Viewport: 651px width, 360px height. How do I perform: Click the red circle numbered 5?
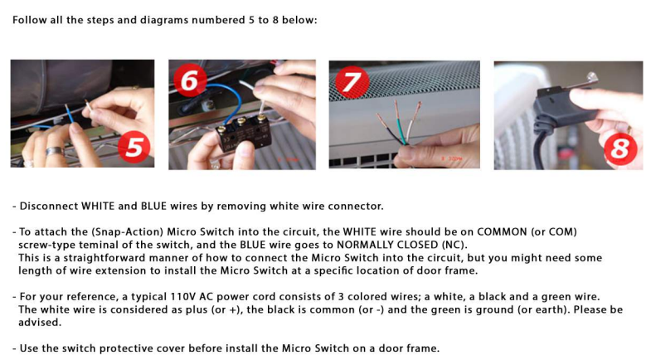tap(134, 147)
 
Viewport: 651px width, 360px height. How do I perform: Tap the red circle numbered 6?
tap(190, 80)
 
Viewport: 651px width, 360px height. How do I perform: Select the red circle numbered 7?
tap(352, 82)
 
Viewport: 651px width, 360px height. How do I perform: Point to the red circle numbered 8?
tap(620, 148)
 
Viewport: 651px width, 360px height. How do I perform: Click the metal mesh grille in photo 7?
tap(405, 80)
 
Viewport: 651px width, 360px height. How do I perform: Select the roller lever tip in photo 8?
tap(591, 77)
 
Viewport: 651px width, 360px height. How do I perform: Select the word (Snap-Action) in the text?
tap(127, 231)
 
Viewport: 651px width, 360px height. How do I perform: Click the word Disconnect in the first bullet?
tap(49, 206)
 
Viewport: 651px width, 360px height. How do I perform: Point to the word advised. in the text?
tap(40, 322)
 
